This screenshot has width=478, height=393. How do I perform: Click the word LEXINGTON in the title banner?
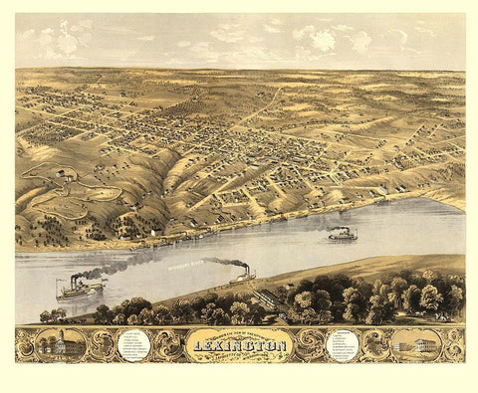(239, 345)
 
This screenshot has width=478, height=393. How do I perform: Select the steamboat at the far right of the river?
(343, 235)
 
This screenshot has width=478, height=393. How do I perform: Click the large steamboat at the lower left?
(80, 290)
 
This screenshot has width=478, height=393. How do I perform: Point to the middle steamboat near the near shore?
(242, 276)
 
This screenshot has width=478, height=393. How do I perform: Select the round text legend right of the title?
(343, 345)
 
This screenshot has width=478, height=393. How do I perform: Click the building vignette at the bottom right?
(417, 345)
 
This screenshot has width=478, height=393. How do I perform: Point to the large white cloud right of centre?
(324, 40)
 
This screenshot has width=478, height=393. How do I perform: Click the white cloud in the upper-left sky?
(66, 41)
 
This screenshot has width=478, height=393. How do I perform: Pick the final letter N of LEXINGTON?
(284, 345)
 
